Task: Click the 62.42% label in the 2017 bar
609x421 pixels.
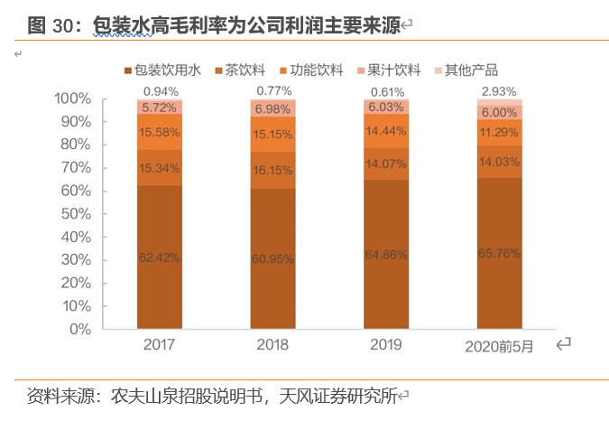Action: pyautogui.click(x=160, y=257)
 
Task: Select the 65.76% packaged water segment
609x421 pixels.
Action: pyautogui.click(x=500, y=254)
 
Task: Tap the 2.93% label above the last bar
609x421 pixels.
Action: pyautogui.click(x=500, y=91)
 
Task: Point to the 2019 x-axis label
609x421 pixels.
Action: pyautogui.click(x=386, y=345)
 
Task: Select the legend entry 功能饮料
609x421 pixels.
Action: pyautogui.click(x=311, y=70)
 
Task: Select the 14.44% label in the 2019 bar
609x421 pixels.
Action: pyautogui.click(x=386, y=131)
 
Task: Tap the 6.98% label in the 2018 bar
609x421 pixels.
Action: pyautogui.click(x=273, y=109)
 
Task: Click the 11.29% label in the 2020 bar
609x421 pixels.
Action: pyautogui.click(x=500, y=132)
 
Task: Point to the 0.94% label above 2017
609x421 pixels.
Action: pyautogui.click(x=160, y=91)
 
